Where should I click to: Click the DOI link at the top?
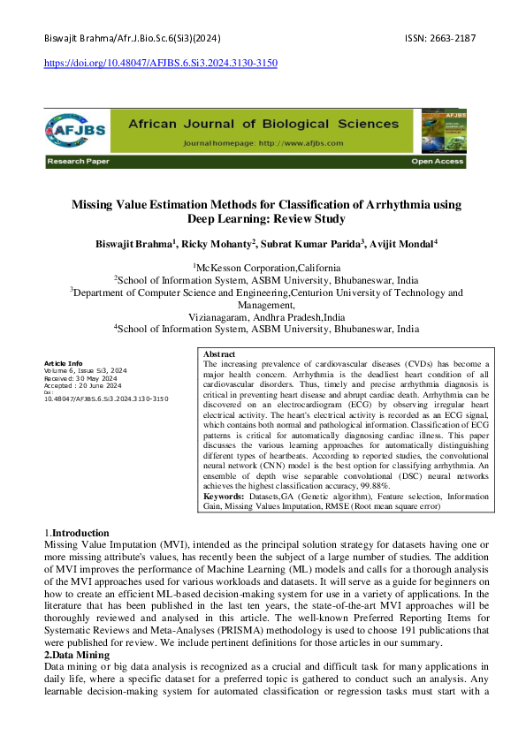click(159, 64)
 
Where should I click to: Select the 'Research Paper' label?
click(72, 163)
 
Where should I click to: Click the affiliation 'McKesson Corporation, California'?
click(267, 267)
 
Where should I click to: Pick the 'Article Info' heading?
click(63, 363)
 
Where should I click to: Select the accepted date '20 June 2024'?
click(96, 385)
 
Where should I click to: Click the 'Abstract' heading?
click(220, 353)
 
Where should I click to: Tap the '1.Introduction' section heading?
click(77, 534)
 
